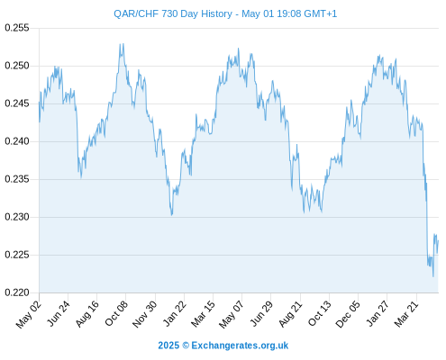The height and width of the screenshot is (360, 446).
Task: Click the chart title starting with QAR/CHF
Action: point(225,13)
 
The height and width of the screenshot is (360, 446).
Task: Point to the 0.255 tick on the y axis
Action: point(17,28)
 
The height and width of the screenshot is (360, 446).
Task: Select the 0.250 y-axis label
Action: point(17,66)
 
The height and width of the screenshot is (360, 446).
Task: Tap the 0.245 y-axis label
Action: point(17,103)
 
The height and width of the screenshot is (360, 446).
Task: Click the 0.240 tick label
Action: point(17,141)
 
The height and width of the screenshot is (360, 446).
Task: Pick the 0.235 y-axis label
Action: point(17,179)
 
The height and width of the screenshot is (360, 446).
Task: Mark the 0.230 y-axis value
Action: point(17,217)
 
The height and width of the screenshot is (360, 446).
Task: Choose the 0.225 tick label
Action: point(17,255)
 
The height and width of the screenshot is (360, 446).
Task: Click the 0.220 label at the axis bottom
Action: point(17,292)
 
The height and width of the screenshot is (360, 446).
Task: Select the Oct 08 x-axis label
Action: point(116,313)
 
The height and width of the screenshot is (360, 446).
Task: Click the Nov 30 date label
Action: point(145,314)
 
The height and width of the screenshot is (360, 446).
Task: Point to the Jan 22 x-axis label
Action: point(175,313)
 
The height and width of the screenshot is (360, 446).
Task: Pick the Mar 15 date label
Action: point(204,314)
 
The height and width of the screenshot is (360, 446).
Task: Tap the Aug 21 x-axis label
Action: point(290,314)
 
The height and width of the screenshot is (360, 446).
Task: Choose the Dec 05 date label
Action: point(348,314)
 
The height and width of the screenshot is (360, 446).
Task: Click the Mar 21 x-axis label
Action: point(406,314)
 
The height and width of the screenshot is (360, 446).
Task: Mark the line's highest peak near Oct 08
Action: point(122,44)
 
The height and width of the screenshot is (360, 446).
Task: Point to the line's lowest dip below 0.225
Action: point(433,276)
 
